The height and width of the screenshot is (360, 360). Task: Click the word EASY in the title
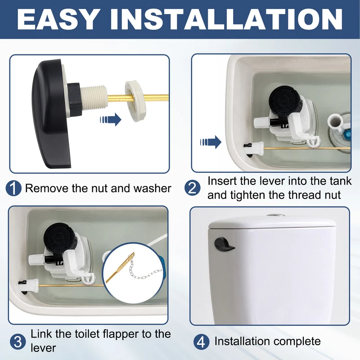pos(57,20)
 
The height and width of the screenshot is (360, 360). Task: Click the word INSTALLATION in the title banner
pos(226,20)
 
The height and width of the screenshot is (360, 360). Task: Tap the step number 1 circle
pos(13,188)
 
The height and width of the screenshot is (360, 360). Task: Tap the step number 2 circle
pos(193,188)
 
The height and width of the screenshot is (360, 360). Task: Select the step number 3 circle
pos(18,342)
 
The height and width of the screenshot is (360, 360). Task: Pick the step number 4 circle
pos(201,342)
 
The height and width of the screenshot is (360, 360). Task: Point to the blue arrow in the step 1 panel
pos(111,119)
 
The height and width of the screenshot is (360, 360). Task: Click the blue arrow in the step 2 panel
pos(211,142)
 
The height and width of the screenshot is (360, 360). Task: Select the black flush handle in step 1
pos(51,113)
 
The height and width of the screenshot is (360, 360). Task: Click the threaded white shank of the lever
pos(94,98)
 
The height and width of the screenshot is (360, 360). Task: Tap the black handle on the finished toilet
pos(224,244)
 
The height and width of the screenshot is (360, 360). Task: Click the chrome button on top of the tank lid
pos(276,215)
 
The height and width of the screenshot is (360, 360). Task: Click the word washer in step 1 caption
pos(152,189)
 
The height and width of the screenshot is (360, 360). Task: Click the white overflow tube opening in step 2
pos(335,120)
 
